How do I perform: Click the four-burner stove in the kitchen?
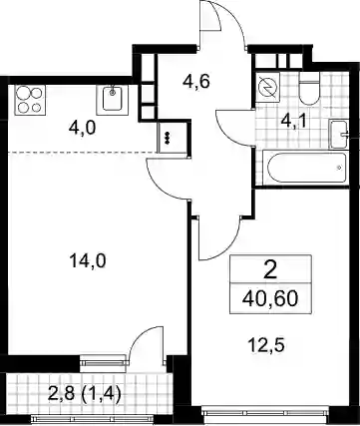pyautogui.click(x=30, y=100)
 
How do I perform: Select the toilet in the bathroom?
pyautogui.click(x=309, y=89)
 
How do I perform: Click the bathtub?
pyautogui.click(x=305, y=168)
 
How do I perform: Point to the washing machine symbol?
pyautogui.click(x=268, y=88)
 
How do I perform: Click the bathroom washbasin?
pyautogui.click(x=339, y=135)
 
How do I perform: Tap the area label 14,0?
pyautogui.click(x=88, y=260)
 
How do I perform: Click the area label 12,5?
pyautogui.click(x=266, y=345)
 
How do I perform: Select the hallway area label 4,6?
pyautogui.click(x=196, y=82)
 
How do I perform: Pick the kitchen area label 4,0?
pyautogui.click(x=82, y=127)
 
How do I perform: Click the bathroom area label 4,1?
pyautogui.click(x=294, y=119)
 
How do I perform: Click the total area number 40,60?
pyautogui.click(x=270, y=298)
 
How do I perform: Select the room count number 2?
pyautogui.click(x=270, y=269)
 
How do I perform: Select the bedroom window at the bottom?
pyautogui.click(x=265, y=413)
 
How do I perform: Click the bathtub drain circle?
pyautogui.click(x=339, y=168)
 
